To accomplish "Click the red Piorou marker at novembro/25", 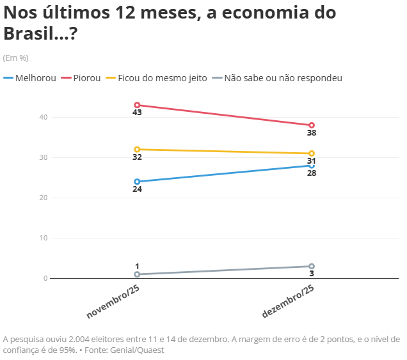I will [x=137, y=105].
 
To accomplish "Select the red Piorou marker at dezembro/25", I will [x=312, y=125].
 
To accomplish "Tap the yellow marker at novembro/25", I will [x=137, y=149].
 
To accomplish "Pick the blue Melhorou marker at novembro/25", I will [x=137, y=182].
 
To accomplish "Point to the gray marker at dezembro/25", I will [x=312, y=266].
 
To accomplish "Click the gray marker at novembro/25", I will [x=137, y=274].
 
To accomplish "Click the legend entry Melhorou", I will [x=35, y=78].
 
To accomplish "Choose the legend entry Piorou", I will [x=85, y=78].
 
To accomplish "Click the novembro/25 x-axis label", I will [x=114, y=301].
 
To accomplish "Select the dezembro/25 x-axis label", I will [x=289, y=301].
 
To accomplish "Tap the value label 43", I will [x=137, y=113].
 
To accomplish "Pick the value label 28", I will [x=312, y=173].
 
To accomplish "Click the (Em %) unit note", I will [x=16, y=58].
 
